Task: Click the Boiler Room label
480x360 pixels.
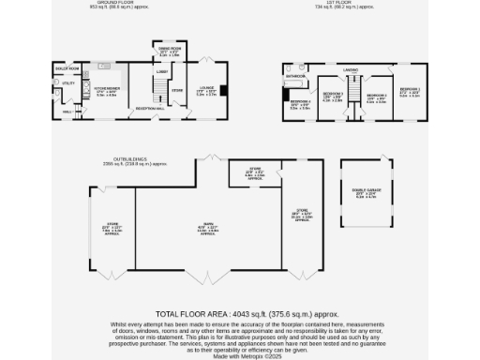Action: [67, 69]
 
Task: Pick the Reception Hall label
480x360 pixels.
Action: [154, 109]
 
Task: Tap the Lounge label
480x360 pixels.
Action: [206, 90]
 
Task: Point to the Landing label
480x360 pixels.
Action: [349, 69]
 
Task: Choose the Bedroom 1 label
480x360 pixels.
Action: [411, 90]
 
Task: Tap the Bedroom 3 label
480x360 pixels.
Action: [334, 94]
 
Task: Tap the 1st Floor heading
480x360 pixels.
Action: [350, 4]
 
